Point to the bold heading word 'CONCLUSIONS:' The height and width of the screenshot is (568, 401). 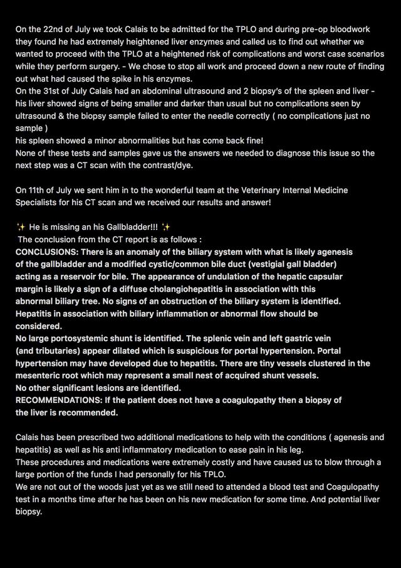(46, 252)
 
